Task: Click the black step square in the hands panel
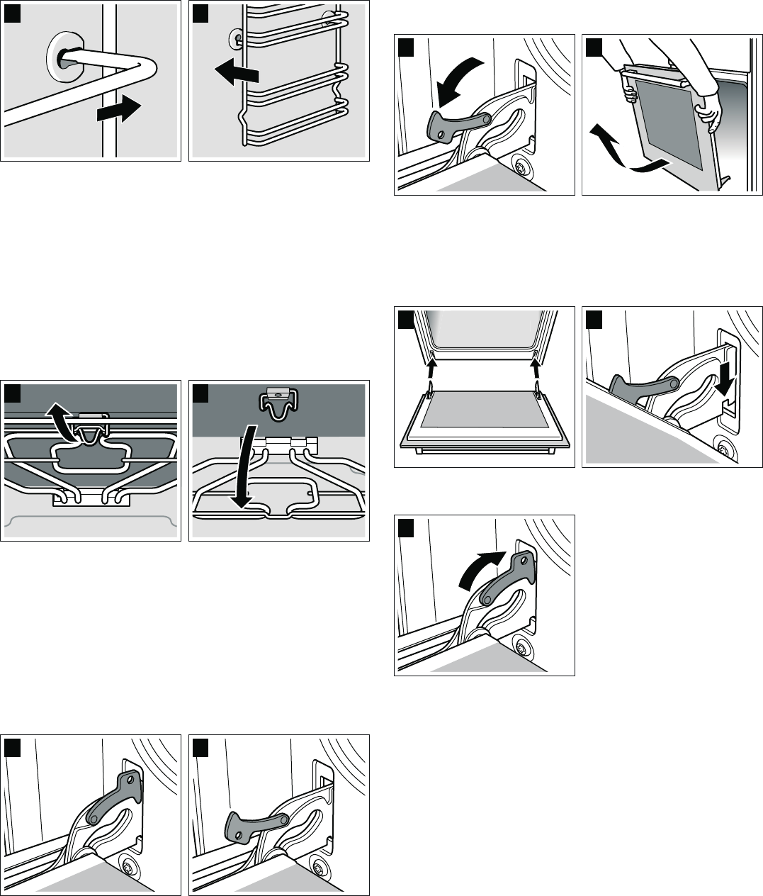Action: pyautogui.click(x=593, y=47)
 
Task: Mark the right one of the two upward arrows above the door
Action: pyautogui.click(x=536, y=370)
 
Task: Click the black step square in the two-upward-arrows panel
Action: pyautogui.click(x=405, y=320)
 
